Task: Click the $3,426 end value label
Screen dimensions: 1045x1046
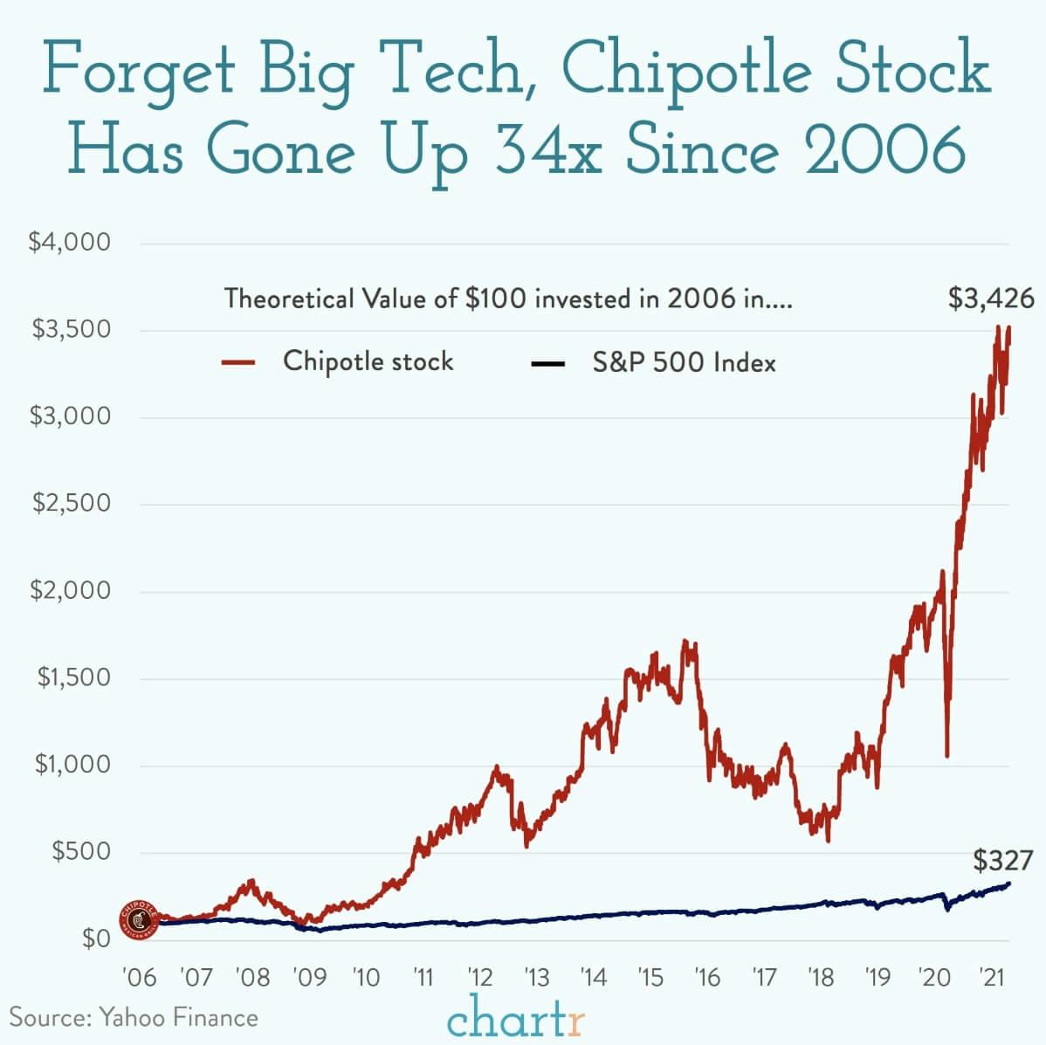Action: point(991,299)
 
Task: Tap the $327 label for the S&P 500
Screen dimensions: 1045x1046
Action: point(1003,861)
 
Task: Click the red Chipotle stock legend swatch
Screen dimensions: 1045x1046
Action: point(237,362)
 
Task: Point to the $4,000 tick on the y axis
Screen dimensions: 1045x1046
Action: point(70,243)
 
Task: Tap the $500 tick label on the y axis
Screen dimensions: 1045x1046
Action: point(81,852)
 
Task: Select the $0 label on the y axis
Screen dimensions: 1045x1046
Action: point(96,939)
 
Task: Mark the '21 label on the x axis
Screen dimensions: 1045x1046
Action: point(989,976)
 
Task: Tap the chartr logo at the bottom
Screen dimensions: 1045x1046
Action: point(516,1017)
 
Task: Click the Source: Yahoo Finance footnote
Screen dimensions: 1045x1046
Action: point(134,1017)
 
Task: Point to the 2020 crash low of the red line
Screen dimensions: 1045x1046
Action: point(947,756)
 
